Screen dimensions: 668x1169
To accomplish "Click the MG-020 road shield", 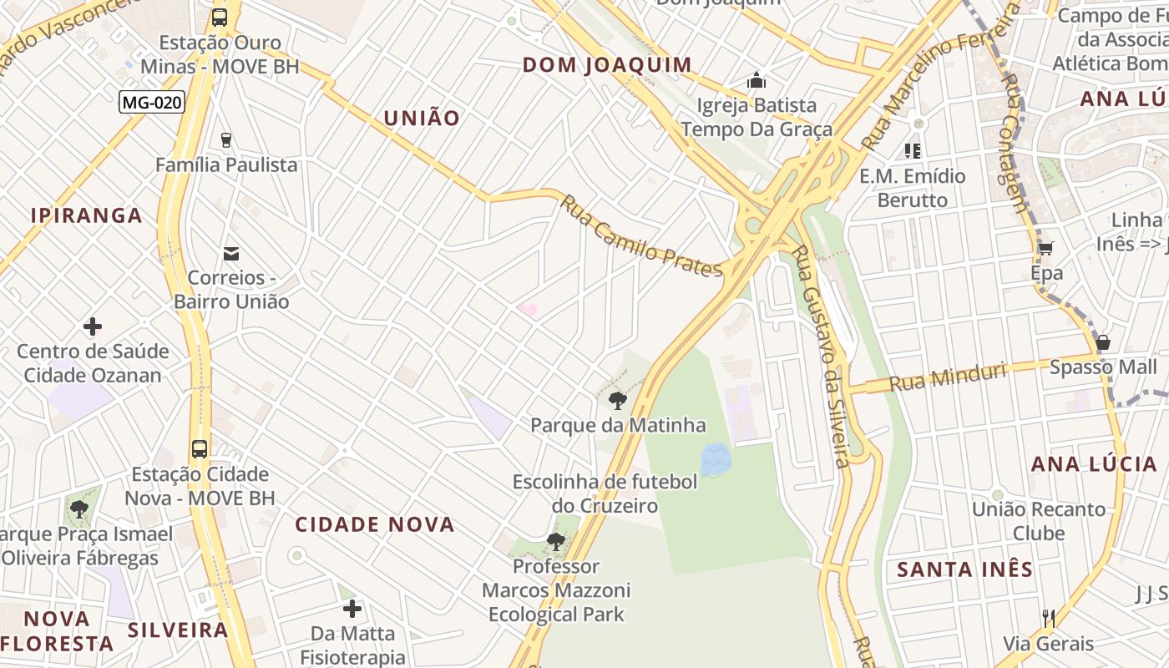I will point(151,102).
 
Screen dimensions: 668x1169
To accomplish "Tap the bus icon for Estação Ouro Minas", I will point(220,17).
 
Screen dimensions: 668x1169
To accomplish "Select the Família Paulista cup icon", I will point(226,139).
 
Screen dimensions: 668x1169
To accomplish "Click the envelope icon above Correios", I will point(231,253).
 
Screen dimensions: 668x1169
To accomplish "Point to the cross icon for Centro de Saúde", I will point(93,326).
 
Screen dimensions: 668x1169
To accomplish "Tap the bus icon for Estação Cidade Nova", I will point(200,448).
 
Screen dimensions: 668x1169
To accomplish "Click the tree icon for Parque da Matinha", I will point(618,401).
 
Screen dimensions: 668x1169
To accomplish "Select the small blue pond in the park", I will point(715,459).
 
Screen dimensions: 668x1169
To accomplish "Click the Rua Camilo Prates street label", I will point(641,237).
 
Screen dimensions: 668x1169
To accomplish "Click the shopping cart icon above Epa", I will point(1045,247).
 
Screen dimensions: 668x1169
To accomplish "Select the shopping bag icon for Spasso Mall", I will point(1103,342).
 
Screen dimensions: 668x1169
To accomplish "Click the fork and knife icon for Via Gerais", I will point(1049,618).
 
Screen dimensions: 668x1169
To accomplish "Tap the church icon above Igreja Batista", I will point(757,80).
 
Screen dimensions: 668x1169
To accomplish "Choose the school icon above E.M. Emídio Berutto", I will point(913,151).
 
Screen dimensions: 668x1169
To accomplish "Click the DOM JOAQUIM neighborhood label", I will point(607,65).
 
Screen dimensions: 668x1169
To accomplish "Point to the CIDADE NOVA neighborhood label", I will point(375,524).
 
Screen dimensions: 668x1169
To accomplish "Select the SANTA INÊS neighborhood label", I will point(964,569).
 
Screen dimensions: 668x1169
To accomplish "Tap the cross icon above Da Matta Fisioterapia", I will point(352,608).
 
